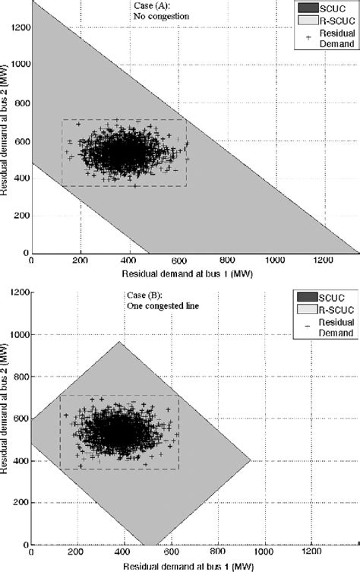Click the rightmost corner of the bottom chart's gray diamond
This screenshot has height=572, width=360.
251,460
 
